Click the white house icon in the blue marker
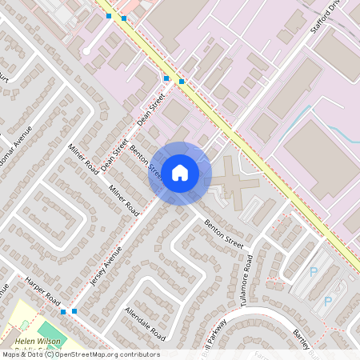[x=180, y=173]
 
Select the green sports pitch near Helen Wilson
[x=51, y=329]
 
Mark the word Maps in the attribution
[x=11, y=354]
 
